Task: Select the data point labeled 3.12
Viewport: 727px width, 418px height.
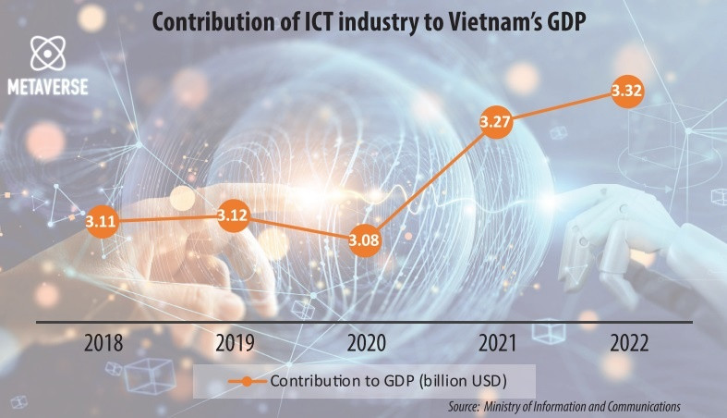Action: tap(231, 215)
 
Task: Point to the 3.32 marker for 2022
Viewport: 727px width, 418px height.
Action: tap(629, 91)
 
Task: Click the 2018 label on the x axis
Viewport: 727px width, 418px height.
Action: tap(104, 344)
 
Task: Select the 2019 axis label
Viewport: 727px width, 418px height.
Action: tap(236, 344)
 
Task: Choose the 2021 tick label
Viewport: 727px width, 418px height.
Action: tap(498, 344)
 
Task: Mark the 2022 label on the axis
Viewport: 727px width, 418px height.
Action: tap(629, 344)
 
